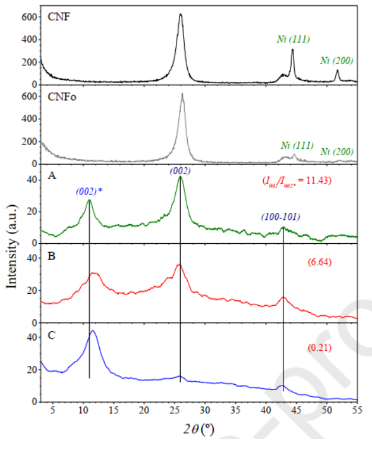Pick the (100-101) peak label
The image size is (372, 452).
click(x=280, y=218)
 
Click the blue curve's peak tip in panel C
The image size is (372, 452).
click(x=93, y=331)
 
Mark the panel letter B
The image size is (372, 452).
click(x=51, y=259)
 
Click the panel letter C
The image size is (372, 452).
click(x=51, y=335)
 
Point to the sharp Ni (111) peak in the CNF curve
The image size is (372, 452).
click(x=292, y=50)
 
